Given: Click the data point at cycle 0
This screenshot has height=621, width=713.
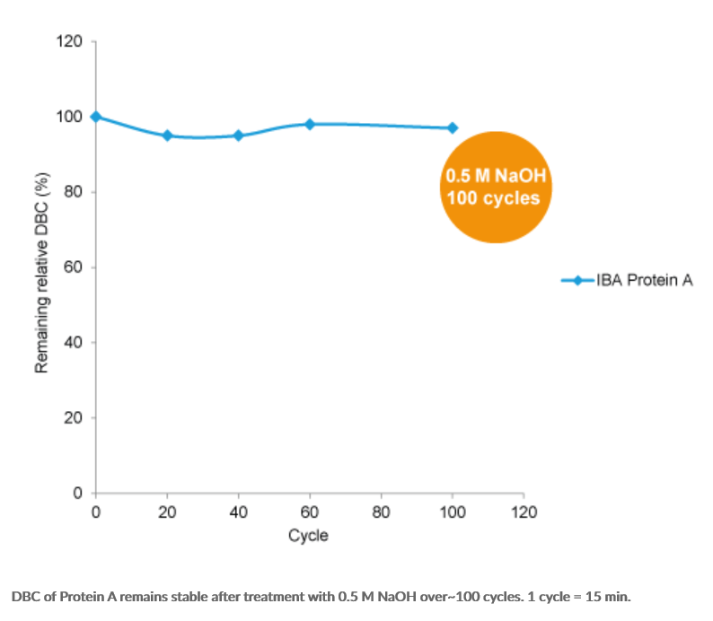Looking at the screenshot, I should pyautogui.click(x=96, y=117).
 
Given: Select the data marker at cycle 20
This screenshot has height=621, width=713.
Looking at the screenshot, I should pyautogui.click(x=167, y=136).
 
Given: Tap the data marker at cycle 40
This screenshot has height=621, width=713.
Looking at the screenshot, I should pyautogui.click(x=238, y=136).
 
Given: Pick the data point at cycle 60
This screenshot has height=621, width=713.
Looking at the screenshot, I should pyautogui.click(x=310, y=124).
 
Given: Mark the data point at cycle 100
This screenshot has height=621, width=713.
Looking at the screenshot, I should pyautogui.click(x=453, y=127).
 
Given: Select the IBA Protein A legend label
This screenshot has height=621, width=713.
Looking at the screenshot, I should pyautogui.click(x=644, y=280).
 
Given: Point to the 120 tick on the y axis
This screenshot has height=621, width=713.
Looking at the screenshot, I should pyautogui.click(x=71, y=42).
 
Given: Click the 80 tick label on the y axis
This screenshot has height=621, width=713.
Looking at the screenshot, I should pyautogui.click(x=75, y=192).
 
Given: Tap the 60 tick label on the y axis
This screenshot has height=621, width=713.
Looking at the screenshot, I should pyautogui.click(x=75, y=267).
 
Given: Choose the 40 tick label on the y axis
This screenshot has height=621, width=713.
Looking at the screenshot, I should pyautogui.click(x=75, y=343).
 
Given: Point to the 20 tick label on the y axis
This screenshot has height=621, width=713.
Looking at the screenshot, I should pyautogui.click(x=75, y=418).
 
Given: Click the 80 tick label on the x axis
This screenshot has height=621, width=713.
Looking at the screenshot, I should pyautogui.click(x=381, y=512).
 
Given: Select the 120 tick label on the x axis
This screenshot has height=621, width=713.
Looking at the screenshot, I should pyautogui.click(x=524, y=512).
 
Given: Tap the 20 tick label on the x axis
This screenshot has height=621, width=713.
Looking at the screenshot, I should pyautogui.click(x=167, y=512).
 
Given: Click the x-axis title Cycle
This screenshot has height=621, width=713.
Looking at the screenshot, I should pyautogui.click(x=308, y=536).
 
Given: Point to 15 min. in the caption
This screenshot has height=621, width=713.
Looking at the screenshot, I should pyautogui.click(x=609, y=596).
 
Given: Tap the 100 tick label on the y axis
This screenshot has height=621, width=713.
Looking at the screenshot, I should pyautogui.click(x=71, y=117).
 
